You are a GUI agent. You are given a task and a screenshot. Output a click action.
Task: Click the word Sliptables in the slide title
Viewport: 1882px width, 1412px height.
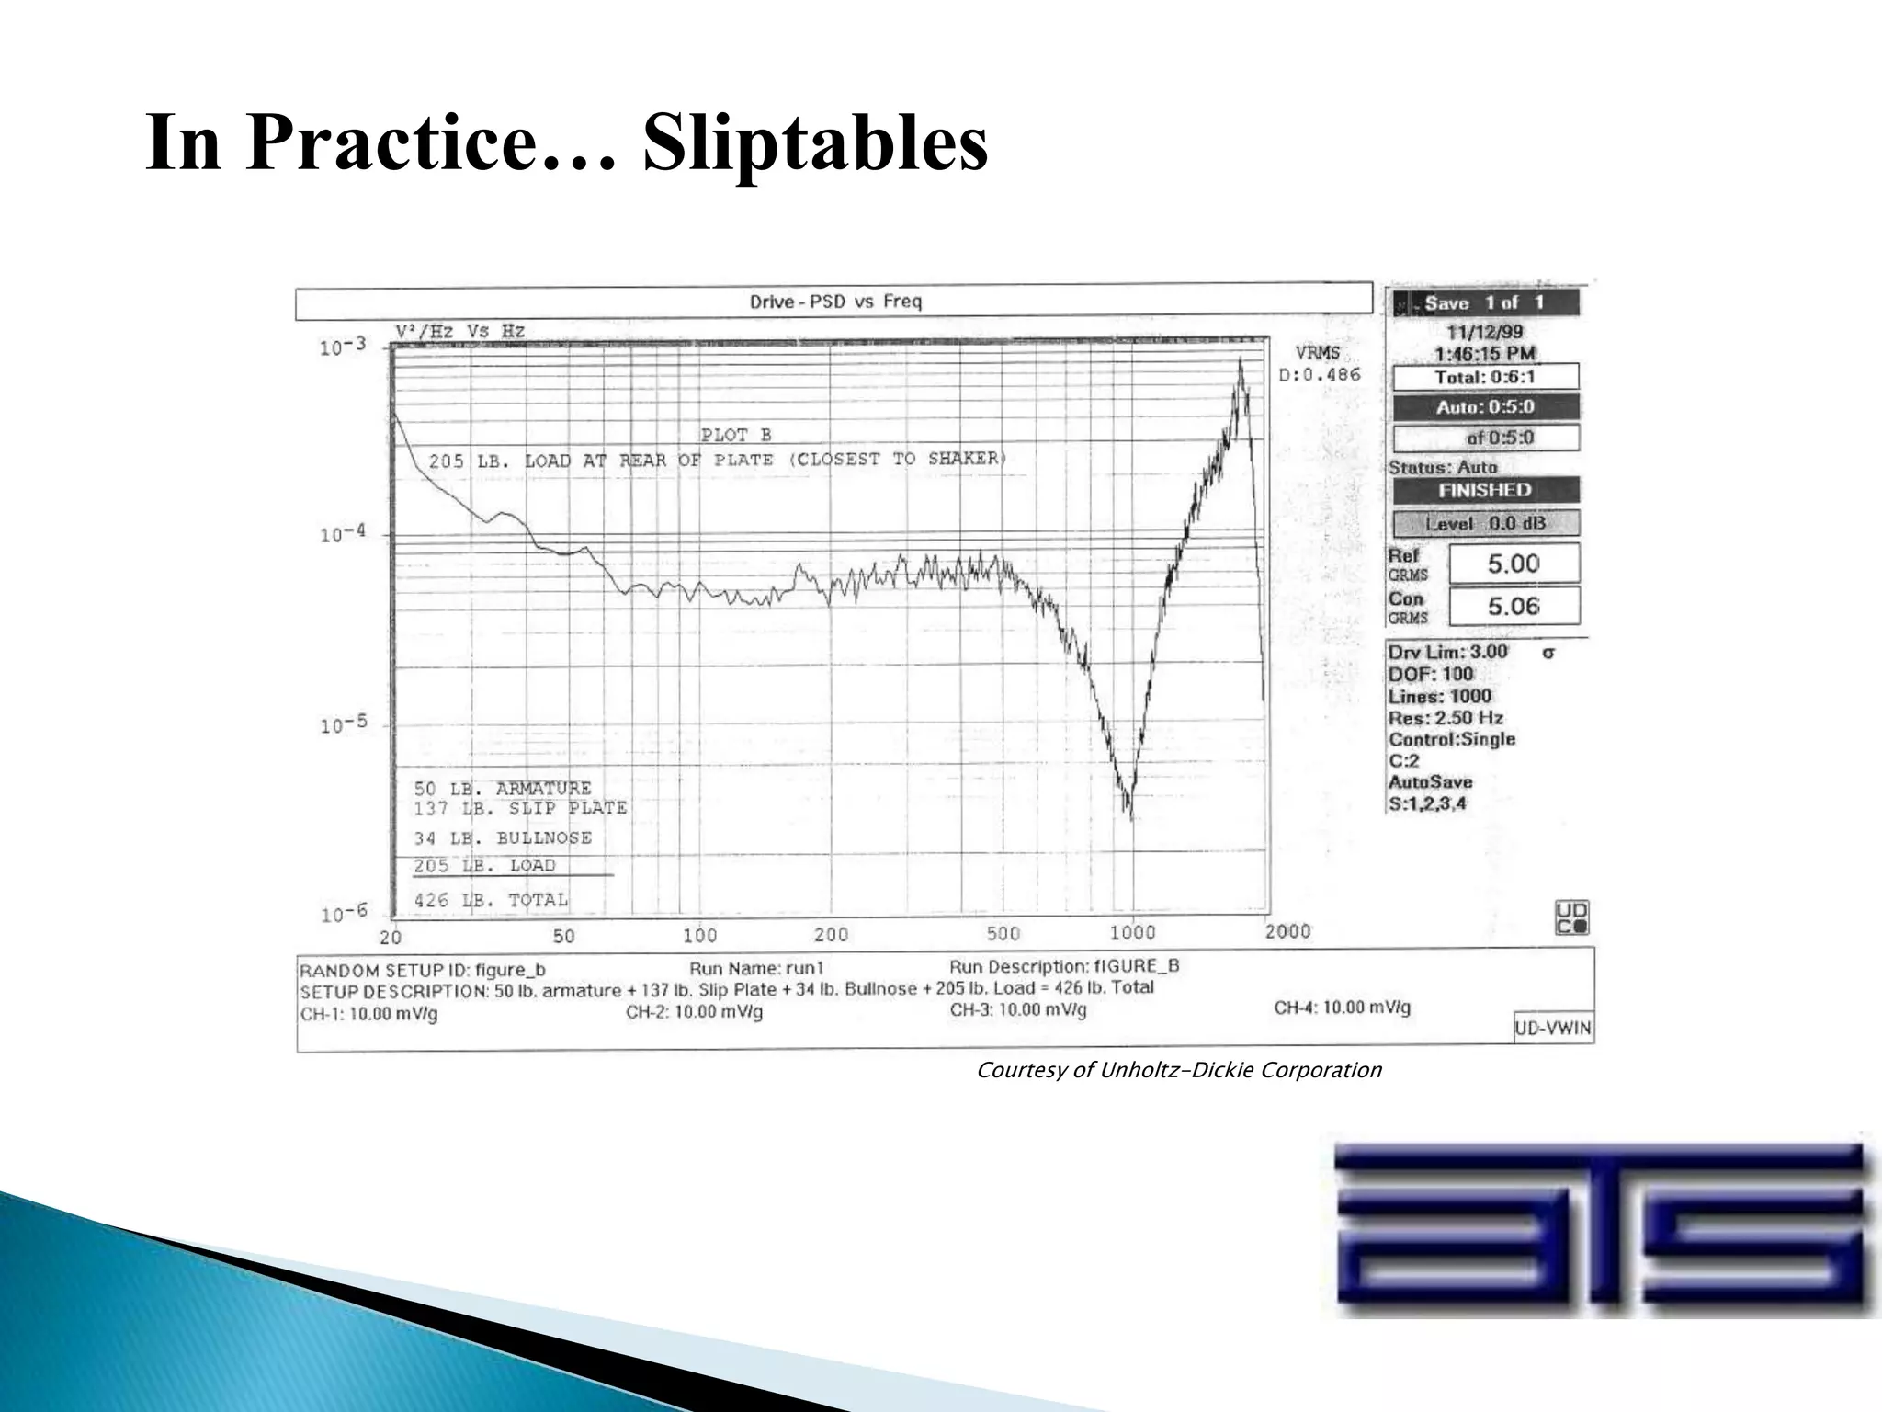pyautogui.click(x=814, y=143)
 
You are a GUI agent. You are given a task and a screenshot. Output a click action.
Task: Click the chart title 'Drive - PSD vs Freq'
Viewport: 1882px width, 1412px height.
pyautogui.click(x=834, y=302)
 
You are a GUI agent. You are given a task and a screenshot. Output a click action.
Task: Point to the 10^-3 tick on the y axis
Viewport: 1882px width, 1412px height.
pyautogui.click(x=343, y=347)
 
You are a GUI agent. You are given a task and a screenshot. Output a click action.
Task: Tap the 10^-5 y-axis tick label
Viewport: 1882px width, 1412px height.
pyautogui.click(x=343, y=724)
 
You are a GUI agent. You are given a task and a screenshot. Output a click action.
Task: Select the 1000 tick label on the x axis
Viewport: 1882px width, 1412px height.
pyautogui.click(x=1132, y=932)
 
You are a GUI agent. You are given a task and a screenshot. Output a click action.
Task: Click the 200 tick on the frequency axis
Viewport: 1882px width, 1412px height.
pyautogui.click(x=831, y=935)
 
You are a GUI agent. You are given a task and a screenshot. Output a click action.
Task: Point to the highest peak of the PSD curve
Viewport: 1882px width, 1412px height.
pyautogui.click(x=1241, y=360)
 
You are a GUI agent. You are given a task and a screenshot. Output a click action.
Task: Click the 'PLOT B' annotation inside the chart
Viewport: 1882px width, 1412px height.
pyautogui.click(x=736, y=435)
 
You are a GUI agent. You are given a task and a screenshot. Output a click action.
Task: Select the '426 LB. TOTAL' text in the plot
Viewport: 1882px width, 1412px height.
pyautogui.click(x=491, y=900)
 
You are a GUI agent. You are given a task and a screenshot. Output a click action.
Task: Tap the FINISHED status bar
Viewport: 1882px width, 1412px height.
pyautogui.click(x=1485, y=490)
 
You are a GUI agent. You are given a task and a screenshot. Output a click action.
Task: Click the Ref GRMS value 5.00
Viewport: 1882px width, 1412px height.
pyautogui.click(x=1514, y=564)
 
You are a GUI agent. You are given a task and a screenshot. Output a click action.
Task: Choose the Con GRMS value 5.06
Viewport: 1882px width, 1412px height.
pyautogui.click(x=1514, y=606)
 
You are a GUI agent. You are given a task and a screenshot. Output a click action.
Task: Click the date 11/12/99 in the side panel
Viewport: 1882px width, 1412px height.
pyautogui.click(x=1485, y=333)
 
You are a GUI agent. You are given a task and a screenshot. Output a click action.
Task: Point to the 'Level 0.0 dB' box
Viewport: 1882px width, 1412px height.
pyautogui.click(x=1485, y=524)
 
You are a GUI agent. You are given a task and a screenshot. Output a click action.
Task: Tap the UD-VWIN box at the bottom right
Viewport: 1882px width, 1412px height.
pyautogui.click(x=1553, y=1028)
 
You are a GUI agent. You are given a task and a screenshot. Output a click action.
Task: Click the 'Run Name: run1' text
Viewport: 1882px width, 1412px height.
pyautogui.click(x=757, y=968)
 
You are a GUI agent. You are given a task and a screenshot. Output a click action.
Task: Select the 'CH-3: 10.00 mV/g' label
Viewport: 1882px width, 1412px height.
pyautogui.click(x=1018, y=1010)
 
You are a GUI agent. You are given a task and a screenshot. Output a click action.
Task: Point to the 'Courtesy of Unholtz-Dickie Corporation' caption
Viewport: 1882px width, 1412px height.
pyautogui.click(x=1178, y=1070)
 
